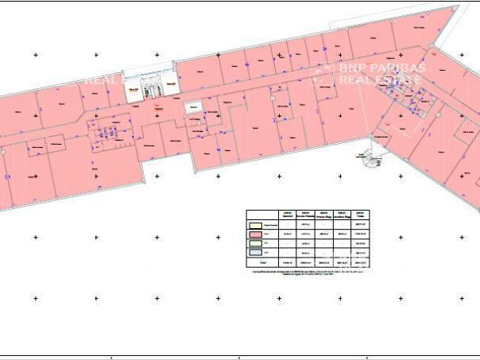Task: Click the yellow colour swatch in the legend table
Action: point(255,224)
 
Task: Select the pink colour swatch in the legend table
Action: point(255,234)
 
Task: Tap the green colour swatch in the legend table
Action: point(255,243)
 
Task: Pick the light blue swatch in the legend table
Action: point(255,252)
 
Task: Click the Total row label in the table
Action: point(261,261)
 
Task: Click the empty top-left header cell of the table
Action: point(261,214)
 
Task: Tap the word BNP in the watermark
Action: point(350,68)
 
